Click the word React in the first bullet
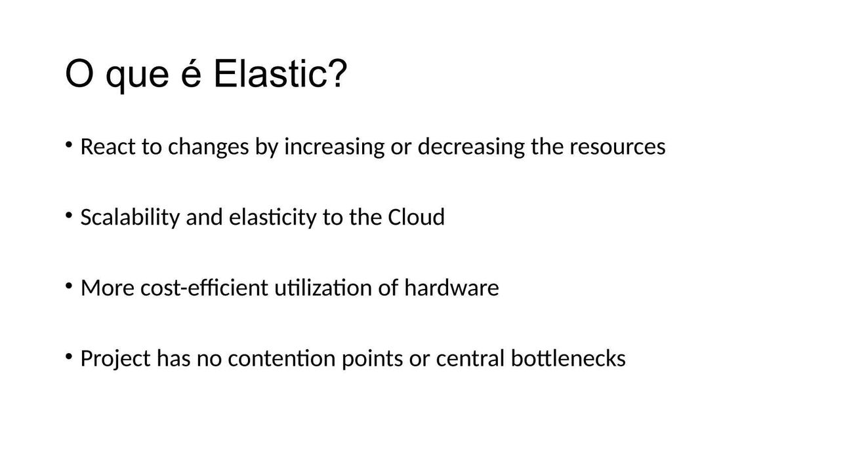[x=108, y=146]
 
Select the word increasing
[x=334, y=147]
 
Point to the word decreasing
[x=471, y=147]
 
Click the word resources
[x=617, y=147]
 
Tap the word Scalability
[x=130, y=218]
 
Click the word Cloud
[x=417, y=217]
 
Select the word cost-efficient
[x=204, y=288]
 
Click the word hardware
[x=451, y=288]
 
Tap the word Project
[x=115, y=358]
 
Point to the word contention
[x=281, y=358]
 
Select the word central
[x=470, y=358]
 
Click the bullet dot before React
[x=69, y=145]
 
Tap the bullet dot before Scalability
[x=69, y=216]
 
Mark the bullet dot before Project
[x=69, y=356]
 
